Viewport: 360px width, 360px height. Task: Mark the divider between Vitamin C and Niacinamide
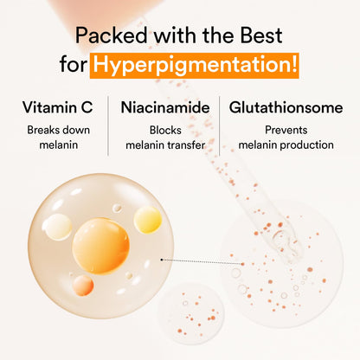pyautogui.click(x=109, y=125)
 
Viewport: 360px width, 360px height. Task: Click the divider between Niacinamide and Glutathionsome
pyautogui.click(x=220, y=125)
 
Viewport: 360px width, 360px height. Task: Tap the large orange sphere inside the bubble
pyautogui.click(x=100, y=246)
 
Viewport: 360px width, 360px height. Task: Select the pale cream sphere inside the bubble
pyautogui.click(x=58, y=228)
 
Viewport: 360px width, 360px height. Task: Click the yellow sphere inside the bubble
pyautogui.click(x=147, y=219)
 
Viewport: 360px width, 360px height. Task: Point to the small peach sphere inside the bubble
pyautogui.click(x=83, y=285)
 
